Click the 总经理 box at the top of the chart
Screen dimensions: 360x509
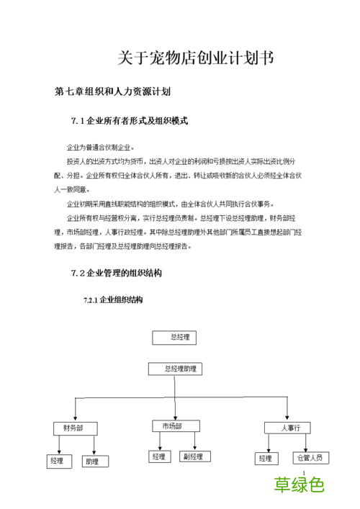(x=174, y=337)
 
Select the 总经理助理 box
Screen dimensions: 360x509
(x=176, y=369)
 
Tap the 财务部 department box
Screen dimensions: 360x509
(x=74, y=428)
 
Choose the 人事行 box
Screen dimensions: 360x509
(x=286, y=428)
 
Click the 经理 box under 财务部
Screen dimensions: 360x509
(x=56, y=460)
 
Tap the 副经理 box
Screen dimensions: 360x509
(x=194, y=456)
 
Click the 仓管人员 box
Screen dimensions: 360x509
(x=311, y=458)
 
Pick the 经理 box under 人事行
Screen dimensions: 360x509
(x=266, y=459)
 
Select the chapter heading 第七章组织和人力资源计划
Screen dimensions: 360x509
(x=112, y=92)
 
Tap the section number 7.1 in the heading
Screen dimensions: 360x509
(x=77, y=121)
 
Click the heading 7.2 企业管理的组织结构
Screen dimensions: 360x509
(x=117, y=273)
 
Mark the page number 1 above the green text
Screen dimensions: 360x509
(x=305, y=472)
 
